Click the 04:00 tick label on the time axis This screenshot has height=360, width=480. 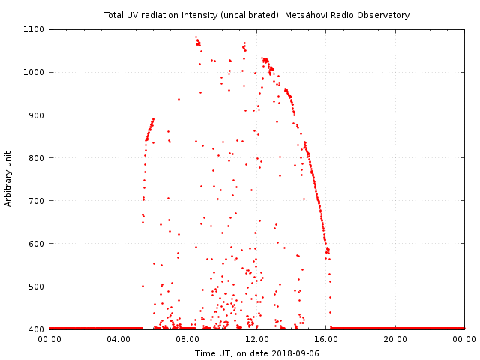[118, 339]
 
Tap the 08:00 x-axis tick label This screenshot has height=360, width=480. [187, 339]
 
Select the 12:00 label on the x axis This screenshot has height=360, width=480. [257, 339]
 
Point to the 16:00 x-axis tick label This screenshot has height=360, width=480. [326, 339]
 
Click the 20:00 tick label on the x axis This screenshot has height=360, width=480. [395, 339]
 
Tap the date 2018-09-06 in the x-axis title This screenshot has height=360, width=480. [295, 353]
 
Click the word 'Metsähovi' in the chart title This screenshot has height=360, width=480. [328, 15]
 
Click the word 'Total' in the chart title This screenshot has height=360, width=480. [114, 15]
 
